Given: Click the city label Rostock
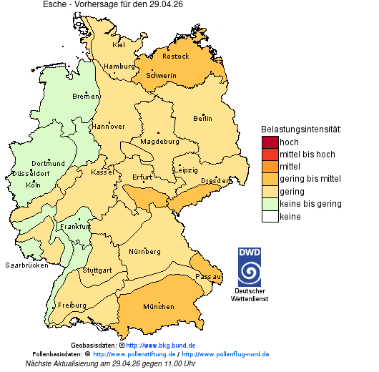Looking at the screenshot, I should (x=175, y=56).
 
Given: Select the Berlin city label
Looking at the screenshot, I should (x=202, y=118).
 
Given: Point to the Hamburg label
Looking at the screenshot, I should (x=119, y=67).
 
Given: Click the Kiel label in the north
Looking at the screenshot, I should (x=119, y=44).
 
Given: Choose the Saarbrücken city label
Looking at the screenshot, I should (x=26, y=265).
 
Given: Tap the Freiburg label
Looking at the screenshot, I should (x=72, y=305).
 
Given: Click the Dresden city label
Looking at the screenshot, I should (x=215, y=181).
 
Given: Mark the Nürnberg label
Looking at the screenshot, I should (x=144, y=252).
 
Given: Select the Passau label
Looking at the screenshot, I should (x=208, y=275).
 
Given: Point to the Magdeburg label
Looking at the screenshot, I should (x=159, y=141).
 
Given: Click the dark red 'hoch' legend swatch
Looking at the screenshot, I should (x=270, y=142).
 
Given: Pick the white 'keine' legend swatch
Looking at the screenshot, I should (x=270, y=217).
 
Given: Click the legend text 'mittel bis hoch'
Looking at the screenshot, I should (x=307, y=155).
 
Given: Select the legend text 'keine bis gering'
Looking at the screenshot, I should (x=310, y=204).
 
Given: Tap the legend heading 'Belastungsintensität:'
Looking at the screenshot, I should (x=301, y=129).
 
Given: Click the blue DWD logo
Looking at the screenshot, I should (x=249, y=267).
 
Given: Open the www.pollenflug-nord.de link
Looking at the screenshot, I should (x=225, y=354).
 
